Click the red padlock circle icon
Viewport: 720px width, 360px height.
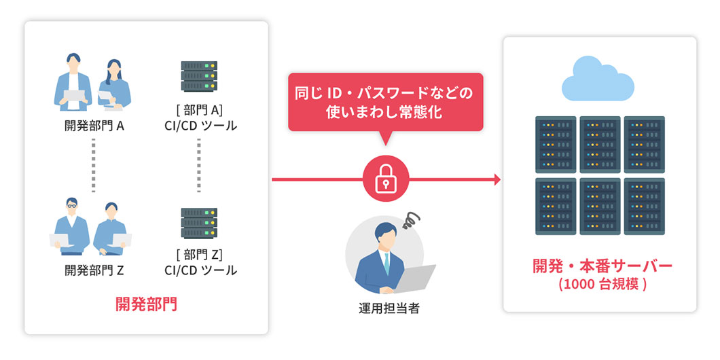coord(385,179)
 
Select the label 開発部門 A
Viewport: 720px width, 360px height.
coord(94,126)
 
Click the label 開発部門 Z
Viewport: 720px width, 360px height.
coord(94,270)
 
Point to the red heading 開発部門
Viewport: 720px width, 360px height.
coord(145,303)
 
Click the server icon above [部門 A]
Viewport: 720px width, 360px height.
coord(199,76)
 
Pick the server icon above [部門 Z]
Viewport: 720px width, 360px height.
coord(199,221)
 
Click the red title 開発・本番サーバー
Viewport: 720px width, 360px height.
coord(602,266)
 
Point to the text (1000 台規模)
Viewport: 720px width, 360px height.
coord(602,285)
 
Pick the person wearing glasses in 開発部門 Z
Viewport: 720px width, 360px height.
coord(71,224)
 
